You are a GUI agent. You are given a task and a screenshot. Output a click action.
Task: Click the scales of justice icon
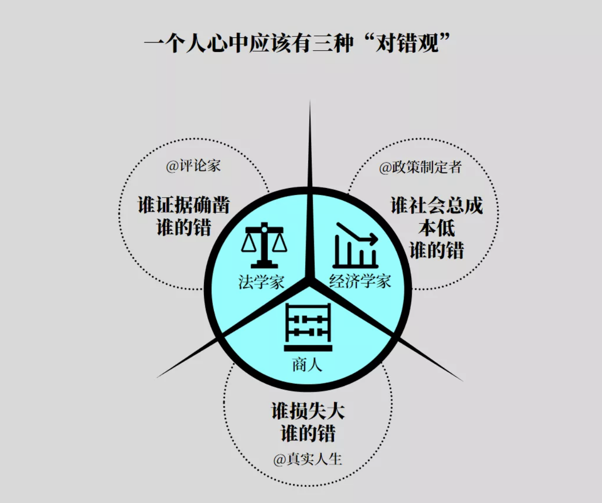tap(264, 245)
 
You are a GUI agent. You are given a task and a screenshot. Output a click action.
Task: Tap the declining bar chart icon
tap(355, 245)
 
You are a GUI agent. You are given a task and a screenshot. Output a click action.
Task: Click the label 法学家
tap(261, 282)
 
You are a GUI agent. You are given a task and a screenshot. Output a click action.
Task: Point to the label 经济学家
tap(360, 281)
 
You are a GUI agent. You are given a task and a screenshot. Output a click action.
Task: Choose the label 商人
tap(307, 365)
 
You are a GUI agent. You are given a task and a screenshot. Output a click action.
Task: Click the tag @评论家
tap(193, 166)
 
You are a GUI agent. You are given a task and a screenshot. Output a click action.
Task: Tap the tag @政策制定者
tap(420, 167)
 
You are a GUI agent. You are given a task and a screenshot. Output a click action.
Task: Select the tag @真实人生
tap(308, 459)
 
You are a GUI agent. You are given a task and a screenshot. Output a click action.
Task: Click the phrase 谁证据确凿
tap(184, 205)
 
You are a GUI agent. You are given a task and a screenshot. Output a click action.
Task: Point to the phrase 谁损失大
tap(308, 411)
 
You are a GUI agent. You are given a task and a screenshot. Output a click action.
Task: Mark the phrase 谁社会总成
tap(437, 206)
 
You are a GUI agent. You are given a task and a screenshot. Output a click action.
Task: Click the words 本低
tap(437, 228)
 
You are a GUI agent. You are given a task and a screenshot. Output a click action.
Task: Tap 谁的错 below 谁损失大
tap(308, 433)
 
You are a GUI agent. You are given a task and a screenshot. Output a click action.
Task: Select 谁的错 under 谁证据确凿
tap(184, 227)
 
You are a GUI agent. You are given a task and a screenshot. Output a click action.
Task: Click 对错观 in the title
tap(407, 43)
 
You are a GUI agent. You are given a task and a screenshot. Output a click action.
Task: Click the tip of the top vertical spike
tap(310, 100)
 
